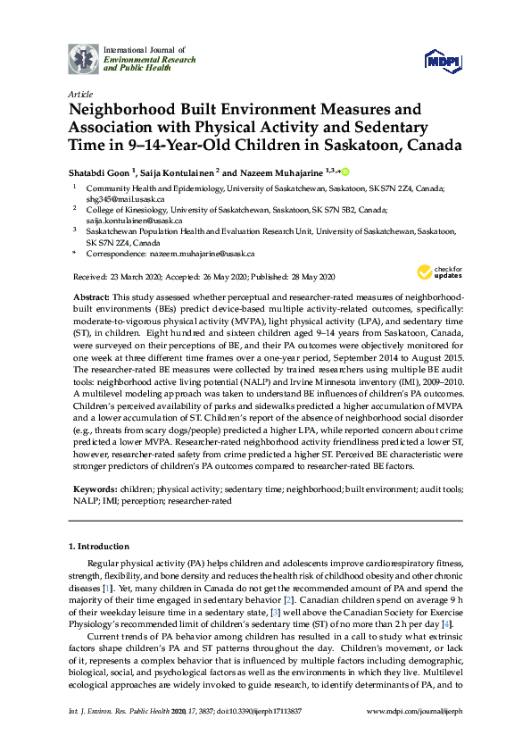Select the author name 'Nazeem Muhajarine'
266,172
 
